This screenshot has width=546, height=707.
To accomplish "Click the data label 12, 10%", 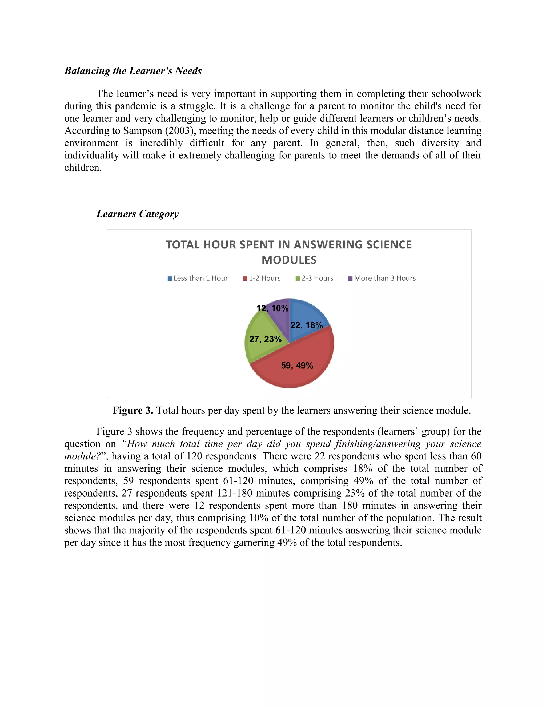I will tap(272, 308).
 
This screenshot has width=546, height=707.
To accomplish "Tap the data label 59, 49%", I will tap(297, 366).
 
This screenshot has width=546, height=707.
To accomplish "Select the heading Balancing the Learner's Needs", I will tap(133, 71).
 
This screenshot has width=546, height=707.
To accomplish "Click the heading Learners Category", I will tap(138, 214).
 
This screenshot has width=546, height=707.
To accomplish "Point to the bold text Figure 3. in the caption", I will tap(133, 411).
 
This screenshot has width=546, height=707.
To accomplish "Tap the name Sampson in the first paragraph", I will tap(143, 131).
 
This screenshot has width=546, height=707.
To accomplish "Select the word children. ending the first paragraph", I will tap(83, 168).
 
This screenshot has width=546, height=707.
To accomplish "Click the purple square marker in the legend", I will tap(350, 279).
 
